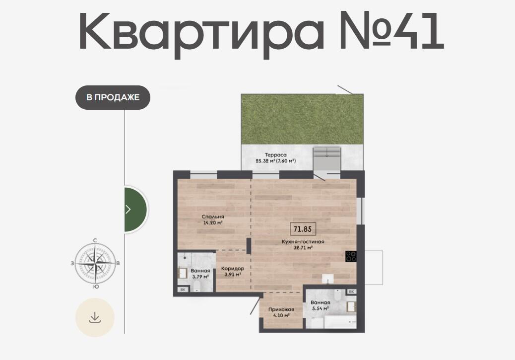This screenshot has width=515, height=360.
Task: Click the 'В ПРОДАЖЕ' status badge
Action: click(113, 97)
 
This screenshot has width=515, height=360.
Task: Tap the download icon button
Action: click(95, 317)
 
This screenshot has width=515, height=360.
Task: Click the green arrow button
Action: click(135, 209)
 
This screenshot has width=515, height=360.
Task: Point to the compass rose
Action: click(95, 263)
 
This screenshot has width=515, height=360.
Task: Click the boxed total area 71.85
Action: click(303, 229)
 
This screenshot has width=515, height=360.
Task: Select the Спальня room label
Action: click(213, 216)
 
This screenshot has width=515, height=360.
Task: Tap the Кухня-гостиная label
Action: click(303, 242)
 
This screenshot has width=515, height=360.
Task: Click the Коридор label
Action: click(233, 268)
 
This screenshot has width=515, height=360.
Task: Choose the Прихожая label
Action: click(281, 309)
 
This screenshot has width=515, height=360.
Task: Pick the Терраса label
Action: click(275, 155)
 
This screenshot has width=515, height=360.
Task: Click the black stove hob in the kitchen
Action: click(350, 256)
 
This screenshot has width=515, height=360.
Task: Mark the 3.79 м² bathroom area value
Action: click(200, 277)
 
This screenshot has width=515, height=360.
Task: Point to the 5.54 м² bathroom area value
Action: click(320, 308)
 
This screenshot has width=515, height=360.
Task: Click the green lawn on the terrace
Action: click(302, 119)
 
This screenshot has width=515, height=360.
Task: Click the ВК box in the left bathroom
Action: click(183, 289)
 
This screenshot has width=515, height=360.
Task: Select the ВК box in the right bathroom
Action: click(351, 291)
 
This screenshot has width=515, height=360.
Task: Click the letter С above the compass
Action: click(95, 240)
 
